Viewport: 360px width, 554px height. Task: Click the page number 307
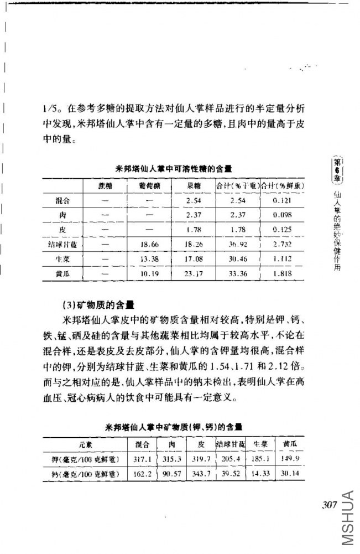[x=329, y=504]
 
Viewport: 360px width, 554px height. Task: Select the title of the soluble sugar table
[x=174, y=167]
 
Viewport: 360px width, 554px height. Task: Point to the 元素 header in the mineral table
[x=85, y=444]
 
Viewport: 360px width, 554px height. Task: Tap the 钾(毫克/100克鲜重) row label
[x=85, y=458]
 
